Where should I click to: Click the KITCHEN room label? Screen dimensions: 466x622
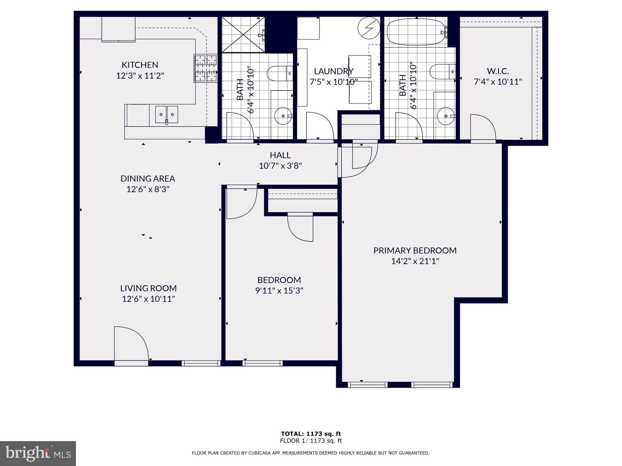coord(140,65)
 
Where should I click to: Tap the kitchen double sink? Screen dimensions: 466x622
coord(166,114)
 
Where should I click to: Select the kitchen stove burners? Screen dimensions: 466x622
coord(206,68)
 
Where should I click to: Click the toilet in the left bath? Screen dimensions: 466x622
coord(279,73)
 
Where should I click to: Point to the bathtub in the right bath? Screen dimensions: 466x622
coord(416,32)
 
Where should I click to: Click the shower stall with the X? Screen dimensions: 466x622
coord(243,35)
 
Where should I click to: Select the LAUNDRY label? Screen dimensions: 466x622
coord(333,71)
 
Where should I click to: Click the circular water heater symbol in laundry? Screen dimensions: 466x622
coord(369,28)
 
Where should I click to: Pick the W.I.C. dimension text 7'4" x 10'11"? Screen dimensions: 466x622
coord(498,82)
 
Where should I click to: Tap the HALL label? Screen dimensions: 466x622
coord(280,155)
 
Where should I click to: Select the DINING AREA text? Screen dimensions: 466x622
coord(148,178)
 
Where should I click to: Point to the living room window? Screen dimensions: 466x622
coord(201,363)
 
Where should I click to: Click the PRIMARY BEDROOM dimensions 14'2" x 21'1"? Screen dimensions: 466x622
coord(415,261)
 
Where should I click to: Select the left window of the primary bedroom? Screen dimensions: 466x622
coord(367,385)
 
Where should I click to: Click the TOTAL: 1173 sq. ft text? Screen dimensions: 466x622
coord(311,434)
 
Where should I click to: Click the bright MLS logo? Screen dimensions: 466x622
coord(38,454)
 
